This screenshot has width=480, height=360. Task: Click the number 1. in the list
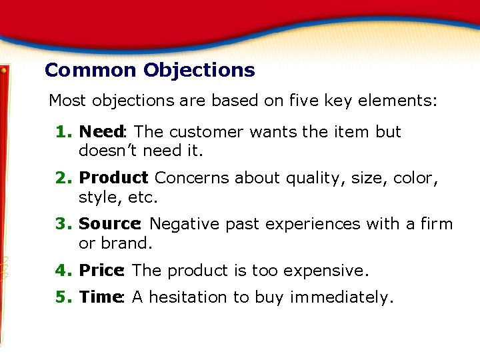pyautogui.click(x=64, y=132)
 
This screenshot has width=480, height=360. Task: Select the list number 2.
pyautogui.click(x=64, y=178)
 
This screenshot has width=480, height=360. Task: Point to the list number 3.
pyautogui.click(x=64, y=224)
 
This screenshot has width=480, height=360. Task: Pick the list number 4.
pyautogui.click(x=64, y=271)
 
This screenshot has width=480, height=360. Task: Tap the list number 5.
pyautogui.click(x=64, y=297)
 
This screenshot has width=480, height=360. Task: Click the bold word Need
pyautogui.click(x=101, y=132)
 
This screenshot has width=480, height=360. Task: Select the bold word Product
pyautogui.click(x=113, y=178)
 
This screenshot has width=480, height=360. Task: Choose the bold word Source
pyautogui.click(x=109, y=224)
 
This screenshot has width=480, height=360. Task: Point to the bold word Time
pyautogui.click(x=99, y=297)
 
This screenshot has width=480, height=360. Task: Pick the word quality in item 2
pyautogui.click(x=311, y=179)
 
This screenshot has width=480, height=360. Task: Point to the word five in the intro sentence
pyautogui.click(x=303, y=101)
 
